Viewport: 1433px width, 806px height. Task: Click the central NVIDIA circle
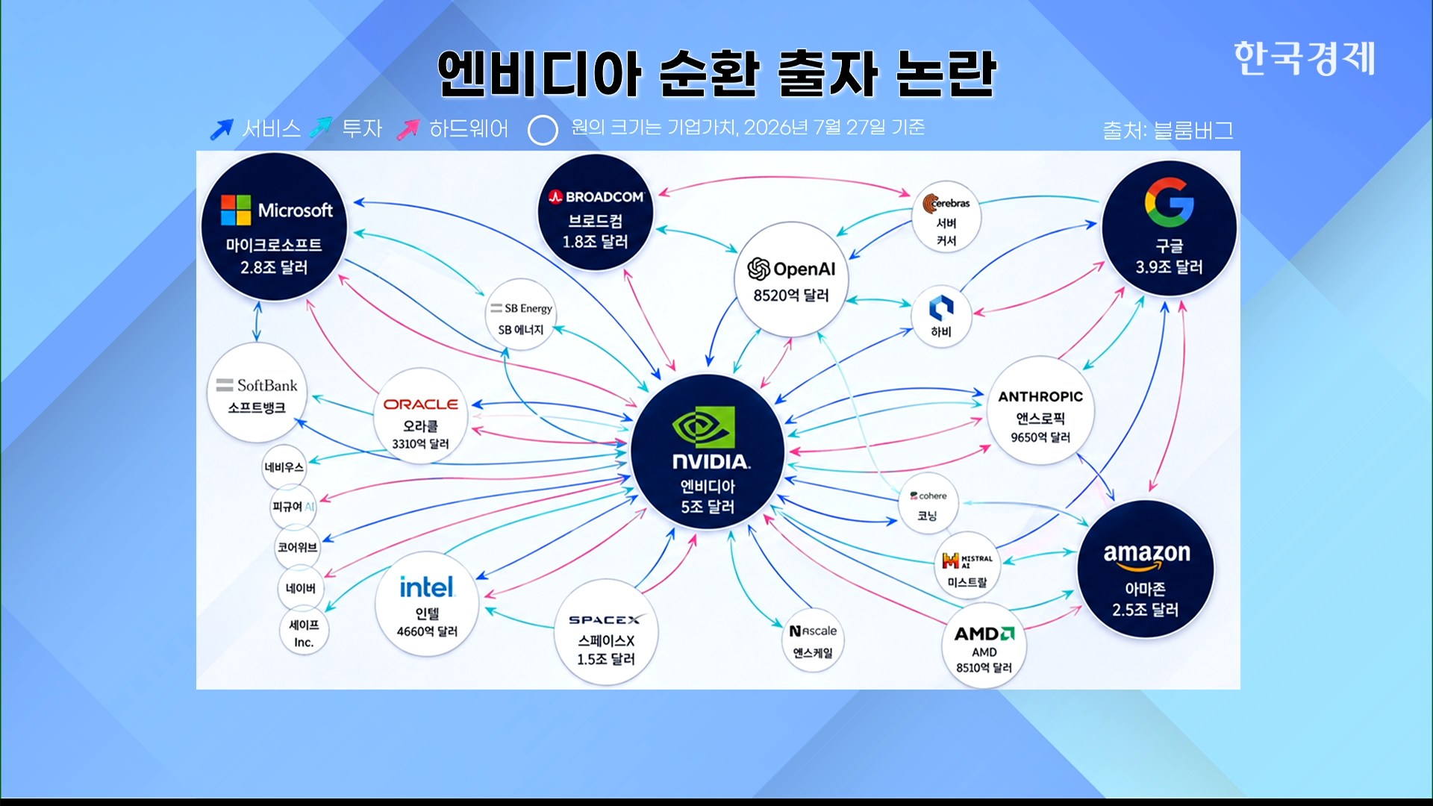pyautogui.click(x=708, y=452)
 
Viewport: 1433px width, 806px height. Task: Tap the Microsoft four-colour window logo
pyautogui.click(x=236, y=210)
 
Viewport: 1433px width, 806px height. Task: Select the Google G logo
pyautogui.click(x=1169, y=202)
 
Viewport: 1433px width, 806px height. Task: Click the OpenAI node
pyautogui.click(x=791, y=279)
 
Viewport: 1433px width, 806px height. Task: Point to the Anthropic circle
pyautogui.click(x=1040, y=410)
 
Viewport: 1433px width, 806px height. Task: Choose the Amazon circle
pyautogui.click(x=1146, y=569)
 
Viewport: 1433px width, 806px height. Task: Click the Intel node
pyautogui.click(x=427, y=604)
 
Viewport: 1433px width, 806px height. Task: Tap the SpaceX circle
pyautogui.click(x=606, y=632)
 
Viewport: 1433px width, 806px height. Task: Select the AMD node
pyautogui.click(x=984, y=646)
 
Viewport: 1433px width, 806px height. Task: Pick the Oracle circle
pyautogui.click(x=421, y=416)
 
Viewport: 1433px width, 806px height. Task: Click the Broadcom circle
pyautogui.click(x=596, y=213)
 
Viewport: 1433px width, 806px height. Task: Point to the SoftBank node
pyautogui.click(x=257, y=393)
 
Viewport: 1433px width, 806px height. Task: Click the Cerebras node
pyautogui.click(x=946, y=216)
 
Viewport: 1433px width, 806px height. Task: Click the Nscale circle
pyautogui.click(x=813, y=640)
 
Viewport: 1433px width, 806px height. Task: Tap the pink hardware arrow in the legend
pyautogui.click(x=408, y=129)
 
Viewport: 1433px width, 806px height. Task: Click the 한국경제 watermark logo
pyautogui.click(x=1304, y=58)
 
